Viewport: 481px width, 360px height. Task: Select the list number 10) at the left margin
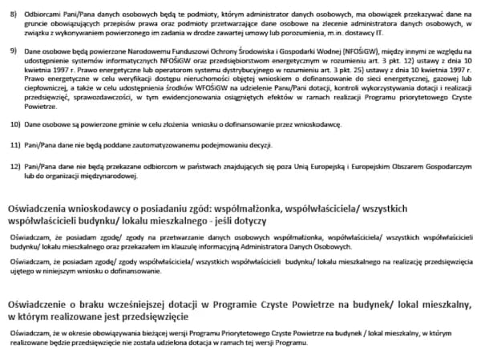click(x=14, y=126)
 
